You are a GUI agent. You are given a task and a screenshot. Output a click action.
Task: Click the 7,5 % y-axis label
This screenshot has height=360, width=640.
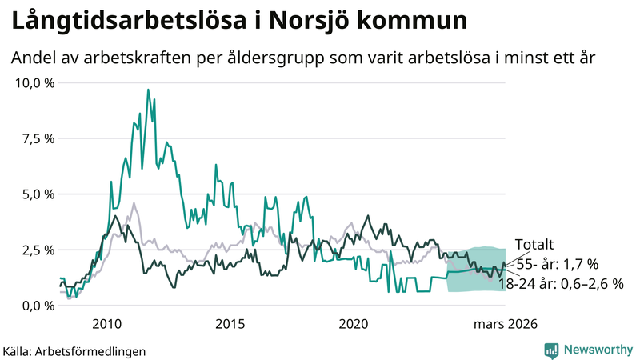click(38, 138)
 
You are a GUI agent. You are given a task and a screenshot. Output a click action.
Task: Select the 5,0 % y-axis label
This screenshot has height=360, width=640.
click(38, 194)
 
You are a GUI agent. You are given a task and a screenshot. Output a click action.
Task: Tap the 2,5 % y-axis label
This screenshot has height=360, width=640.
click(38, 250)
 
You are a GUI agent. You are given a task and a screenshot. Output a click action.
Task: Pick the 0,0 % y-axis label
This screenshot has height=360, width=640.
click(38, 306)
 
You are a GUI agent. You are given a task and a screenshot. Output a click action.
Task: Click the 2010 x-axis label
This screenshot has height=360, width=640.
click(106, 324)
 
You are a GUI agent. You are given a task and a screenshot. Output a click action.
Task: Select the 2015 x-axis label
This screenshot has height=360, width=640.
click(230, 324)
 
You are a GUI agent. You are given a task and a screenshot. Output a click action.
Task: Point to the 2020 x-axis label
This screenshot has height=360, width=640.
click(354, 324)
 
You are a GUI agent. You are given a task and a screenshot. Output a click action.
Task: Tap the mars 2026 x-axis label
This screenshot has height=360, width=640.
click(506, 324)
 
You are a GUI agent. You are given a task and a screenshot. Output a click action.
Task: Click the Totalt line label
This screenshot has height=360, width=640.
click(534, 245)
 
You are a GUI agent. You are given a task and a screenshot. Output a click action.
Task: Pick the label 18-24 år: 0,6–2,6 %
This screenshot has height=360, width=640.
click(560, 283)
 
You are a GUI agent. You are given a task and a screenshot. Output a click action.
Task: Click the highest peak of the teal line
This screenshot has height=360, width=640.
click(148, 90)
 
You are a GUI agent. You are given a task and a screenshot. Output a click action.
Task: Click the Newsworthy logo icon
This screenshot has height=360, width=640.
click(551, 350)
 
